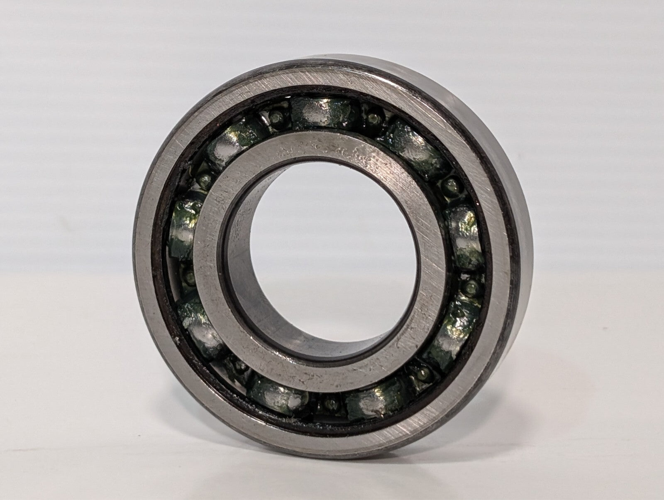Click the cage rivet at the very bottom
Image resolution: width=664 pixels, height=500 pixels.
[330, 402]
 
